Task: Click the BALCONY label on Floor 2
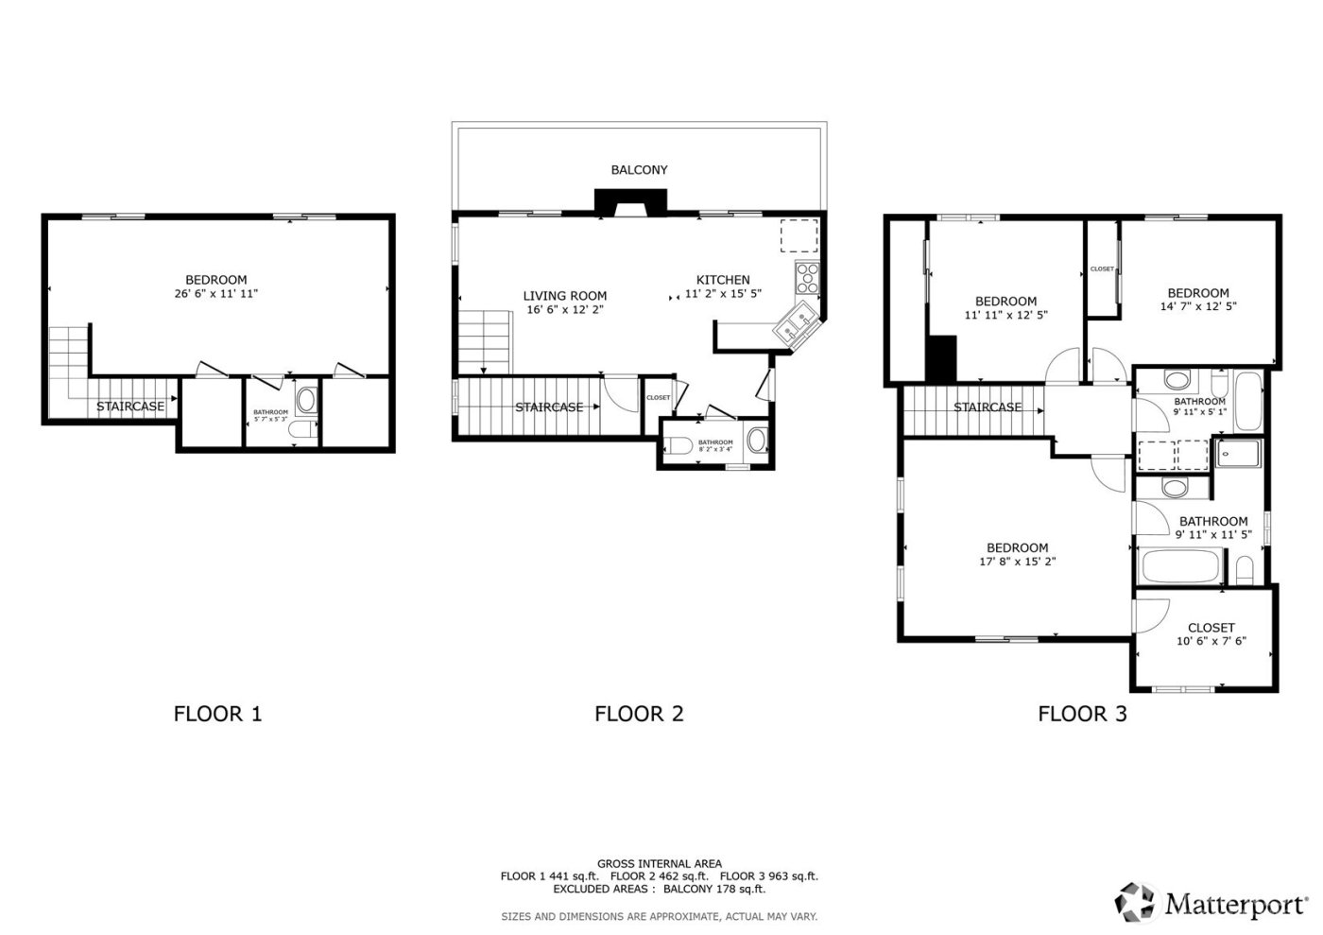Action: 639,170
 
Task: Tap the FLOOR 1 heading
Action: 217,714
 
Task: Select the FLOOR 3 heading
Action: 1082,714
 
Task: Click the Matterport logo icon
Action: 1136,903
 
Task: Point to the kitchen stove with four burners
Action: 808,277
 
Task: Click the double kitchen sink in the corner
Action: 796,323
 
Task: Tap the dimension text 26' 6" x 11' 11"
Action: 215,294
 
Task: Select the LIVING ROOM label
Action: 565,296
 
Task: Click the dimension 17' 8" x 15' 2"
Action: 1017,562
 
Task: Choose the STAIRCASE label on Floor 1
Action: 130,407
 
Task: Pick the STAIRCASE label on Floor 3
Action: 988,407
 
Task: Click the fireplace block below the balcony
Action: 630,201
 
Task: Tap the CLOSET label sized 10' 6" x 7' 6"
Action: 1211,628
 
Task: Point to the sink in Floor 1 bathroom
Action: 306,401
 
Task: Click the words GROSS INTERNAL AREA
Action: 659,863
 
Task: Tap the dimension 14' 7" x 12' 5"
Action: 1198,306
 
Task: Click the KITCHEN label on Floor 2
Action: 723,280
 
